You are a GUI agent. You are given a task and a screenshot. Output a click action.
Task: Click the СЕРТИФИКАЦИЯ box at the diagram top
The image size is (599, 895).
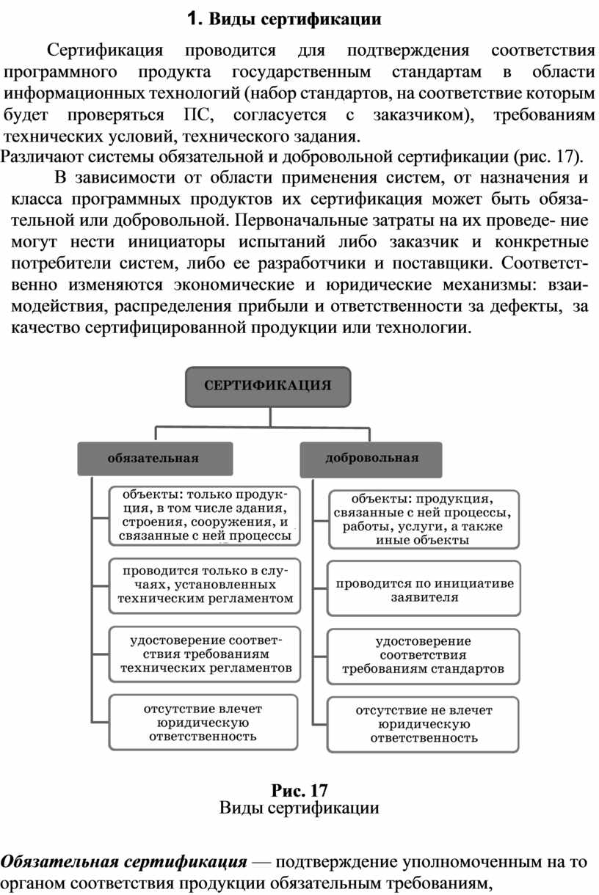pos(267,386)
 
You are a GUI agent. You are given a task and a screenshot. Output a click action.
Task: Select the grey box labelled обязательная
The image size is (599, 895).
pos(155,459)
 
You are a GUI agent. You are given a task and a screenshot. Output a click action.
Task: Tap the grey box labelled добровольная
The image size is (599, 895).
pos(371,459)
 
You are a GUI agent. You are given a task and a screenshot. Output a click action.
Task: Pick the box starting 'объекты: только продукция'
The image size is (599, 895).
pos(205,515)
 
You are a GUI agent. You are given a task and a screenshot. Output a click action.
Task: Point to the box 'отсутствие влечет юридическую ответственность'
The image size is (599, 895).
pos(203,723)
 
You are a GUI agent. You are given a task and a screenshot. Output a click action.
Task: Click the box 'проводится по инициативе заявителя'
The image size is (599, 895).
pos(424,589)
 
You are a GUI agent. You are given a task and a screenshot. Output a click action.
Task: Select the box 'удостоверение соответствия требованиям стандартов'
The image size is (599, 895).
pos(424,656)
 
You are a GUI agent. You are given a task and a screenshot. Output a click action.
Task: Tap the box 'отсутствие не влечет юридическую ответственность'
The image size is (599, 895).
pos(424,724)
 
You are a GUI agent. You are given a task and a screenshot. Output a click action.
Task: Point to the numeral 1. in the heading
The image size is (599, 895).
pos(195,18)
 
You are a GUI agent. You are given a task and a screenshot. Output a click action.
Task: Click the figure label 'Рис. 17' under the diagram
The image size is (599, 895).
pos(299,790)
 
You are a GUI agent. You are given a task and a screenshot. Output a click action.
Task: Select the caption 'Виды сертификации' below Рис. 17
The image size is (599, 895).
pos(299,808)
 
